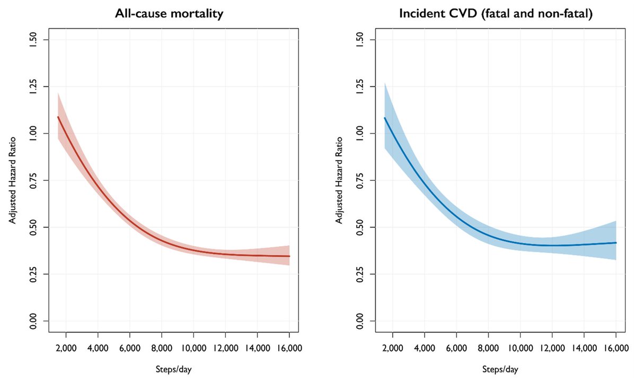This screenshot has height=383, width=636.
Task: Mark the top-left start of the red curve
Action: click(x=58, y=117)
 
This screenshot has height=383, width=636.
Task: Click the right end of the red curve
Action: click(x=289, y=256)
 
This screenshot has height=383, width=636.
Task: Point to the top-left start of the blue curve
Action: click(x=385, y=118)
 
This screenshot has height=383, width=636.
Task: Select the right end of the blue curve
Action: click(x=616, y=242)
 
